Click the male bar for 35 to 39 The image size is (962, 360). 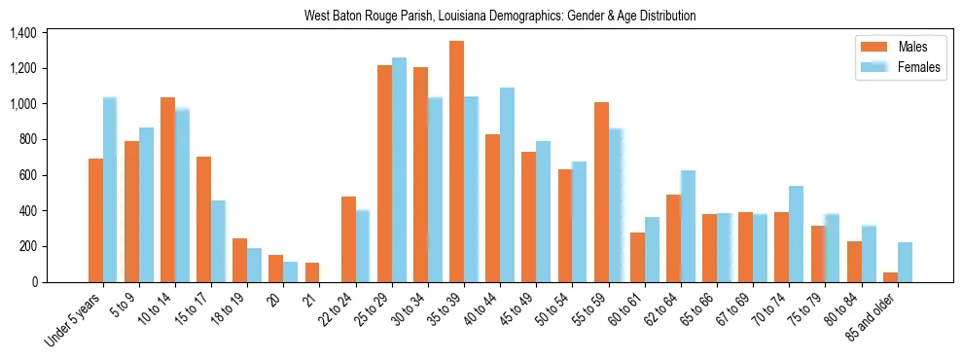click(x=456, y=162)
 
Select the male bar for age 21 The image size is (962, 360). click(x=312, y=272)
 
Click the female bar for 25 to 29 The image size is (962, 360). click(x=399, y=170)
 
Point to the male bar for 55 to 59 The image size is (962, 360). click(x=601, y=192)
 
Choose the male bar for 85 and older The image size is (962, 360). click(x=890, y=277)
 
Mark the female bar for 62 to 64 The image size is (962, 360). click(x=688, y=227)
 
